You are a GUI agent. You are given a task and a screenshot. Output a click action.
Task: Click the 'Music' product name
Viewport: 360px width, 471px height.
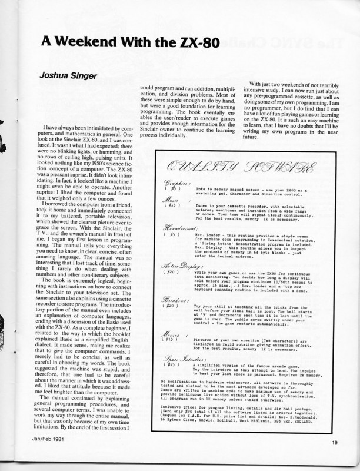tap(170, 201)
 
